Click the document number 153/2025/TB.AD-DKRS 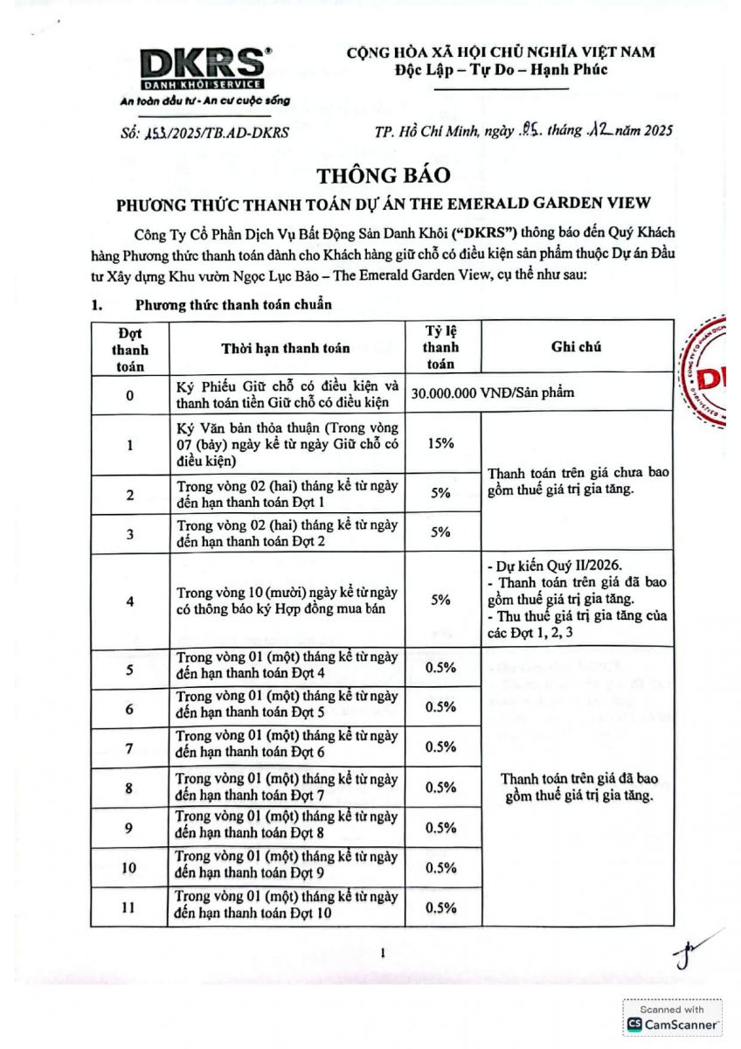(203, 133)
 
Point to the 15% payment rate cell (442, 443)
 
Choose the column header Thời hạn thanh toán (285, 348)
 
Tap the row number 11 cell (129, 907)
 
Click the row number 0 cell (129, 395)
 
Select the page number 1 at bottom (383, 953)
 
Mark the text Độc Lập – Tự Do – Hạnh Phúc (500, 69)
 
